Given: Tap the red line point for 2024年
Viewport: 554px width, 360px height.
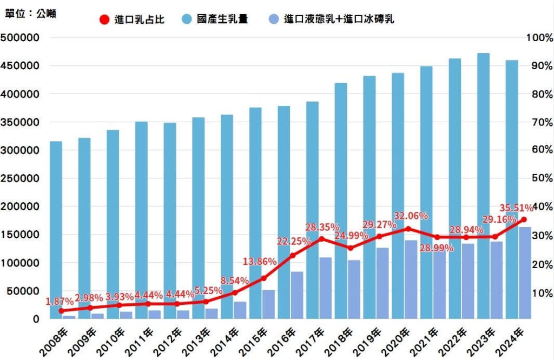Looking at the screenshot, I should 524,219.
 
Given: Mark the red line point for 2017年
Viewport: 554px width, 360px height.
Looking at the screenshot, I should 321,239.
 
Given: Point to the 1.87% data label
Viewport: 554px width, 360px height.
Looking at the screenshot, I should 60,301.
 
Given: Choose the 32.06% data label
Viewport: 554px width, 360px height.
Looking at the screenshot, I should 411,216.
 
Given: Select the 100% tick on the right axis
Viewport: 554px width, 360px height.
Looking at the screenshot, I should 539,38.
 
